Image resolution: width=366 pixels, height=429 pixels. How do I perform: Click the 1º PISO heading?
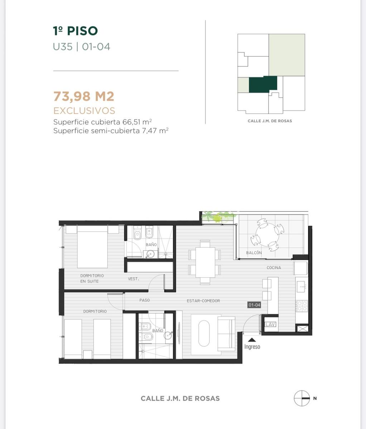pos(75,31)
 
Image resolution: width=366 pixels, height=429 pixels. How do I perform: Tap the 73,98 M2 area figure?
pos(84,96)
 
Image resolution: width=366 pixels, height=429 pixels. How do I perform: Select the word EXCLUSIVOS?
pos(84,110)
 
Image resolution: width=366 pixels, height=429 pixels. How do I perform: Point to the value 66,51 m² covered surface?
pos(137,122)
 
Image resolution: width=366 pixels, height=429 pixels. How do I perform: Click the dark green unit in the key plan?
pos(263,84)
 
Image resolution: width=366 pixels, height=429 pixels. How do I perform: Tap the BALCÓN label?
pos(254,253)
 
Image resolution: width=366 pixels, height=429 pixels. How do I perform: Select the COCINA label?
pos(274,267)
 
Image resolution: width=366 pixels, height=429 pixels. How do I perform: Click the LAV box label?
pos(270,324)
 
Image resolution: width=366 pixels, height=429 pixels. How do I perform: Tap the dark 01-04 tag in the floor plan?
pos(254,305)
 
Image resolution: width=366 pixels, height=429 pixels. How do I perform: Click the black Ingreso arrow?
pos(252,340)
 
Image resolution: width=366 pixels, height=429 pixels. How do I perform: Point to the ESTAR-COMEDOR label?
pos(203,301)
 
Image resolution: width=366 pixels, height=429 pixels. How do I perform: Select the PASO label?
pos(145,300)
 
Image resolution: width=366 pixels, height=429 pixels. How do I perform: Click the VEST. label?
pos(133,279)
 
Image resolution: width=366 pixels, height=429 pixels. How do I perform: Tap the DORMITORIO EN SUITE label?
pos(92,278)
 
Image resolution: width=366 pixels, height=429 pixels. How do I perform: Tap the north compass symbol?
pos(302,398)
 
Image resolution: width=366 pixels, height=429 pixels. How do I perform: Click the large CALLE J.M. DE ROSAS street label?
pos(180,399)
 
